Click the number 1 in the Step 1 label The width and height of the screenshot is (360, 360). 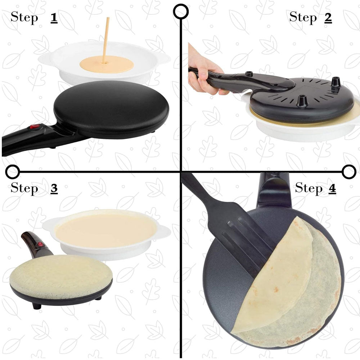point(54,18)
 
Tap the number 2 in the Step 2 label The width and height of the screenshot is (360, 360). point(328,18)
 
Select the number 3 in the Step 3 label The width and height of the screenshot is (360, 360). point(54,189)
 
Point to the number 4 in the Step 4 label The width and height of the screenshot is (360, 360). point(332,189)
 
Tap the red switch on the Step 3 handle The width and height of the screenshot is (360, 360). point(41,244)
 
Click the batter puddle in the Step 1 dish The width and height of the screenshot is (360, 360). point(107,64)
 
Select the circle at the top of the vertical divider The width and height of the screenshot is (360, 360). point(181,12)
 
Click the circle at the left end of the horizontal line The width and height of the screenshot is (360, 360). point(12,172)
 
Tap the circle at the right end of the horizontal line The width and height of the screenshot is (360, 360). point(349,172)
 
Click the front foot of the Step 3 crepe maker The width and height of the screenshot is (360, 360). point(37,306)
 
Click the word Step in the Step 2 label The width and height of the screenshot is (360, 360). point(303,17)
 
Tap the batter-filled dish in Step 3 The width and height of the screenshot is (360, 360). point(106,234)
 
